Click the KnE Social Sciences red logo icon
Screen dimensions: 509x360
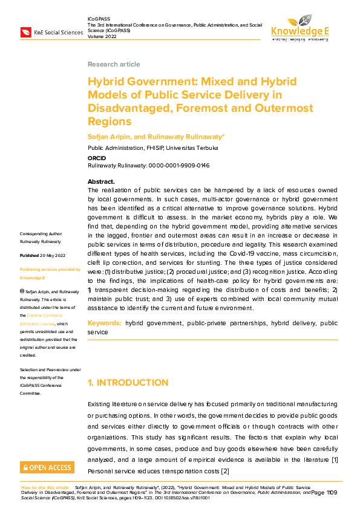27,31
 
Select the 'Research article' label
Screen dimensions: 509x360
114,64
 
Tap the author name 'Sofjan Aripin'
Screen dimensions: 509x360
110,137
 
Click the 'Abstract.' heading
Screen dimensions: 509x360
101,181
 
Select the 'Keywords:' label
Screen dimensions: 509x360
105,323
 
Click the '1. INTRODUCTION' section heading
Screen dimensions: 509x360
128,383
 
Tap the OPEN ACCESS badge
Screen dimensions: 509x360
47,467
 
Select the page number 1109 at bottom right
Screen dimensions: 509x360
331,493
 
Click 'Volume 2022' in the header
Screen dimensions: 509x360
102,34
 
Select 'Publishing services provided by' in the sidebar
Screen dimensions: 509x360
50,270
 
